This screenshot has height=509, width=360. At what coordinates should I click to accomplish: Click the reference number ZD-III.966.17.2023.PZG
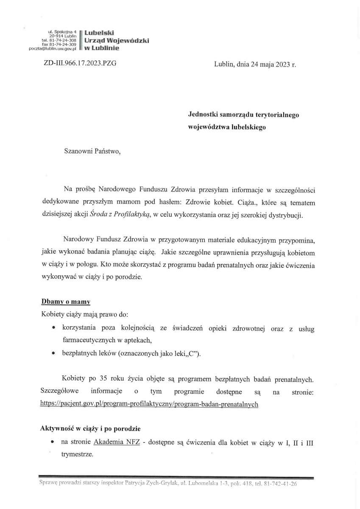click(x=80, y=64)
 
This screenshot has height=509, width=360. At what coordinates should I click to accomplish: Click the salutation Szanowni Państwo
click(x=92, y=151)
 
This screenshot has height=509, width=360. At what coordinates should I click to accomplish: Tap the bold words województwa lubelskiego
click(x=227, y=126)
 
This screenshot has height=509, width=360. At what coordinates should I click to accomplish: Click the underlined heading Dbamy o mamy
click(x=65, y=302)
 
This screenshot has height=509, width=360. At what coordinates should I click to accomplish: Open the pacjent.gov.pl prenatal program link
click(x=149, y=404)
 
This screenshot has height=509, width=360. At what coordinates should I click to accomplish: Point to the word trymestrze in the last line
click(x=77, y=454)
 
